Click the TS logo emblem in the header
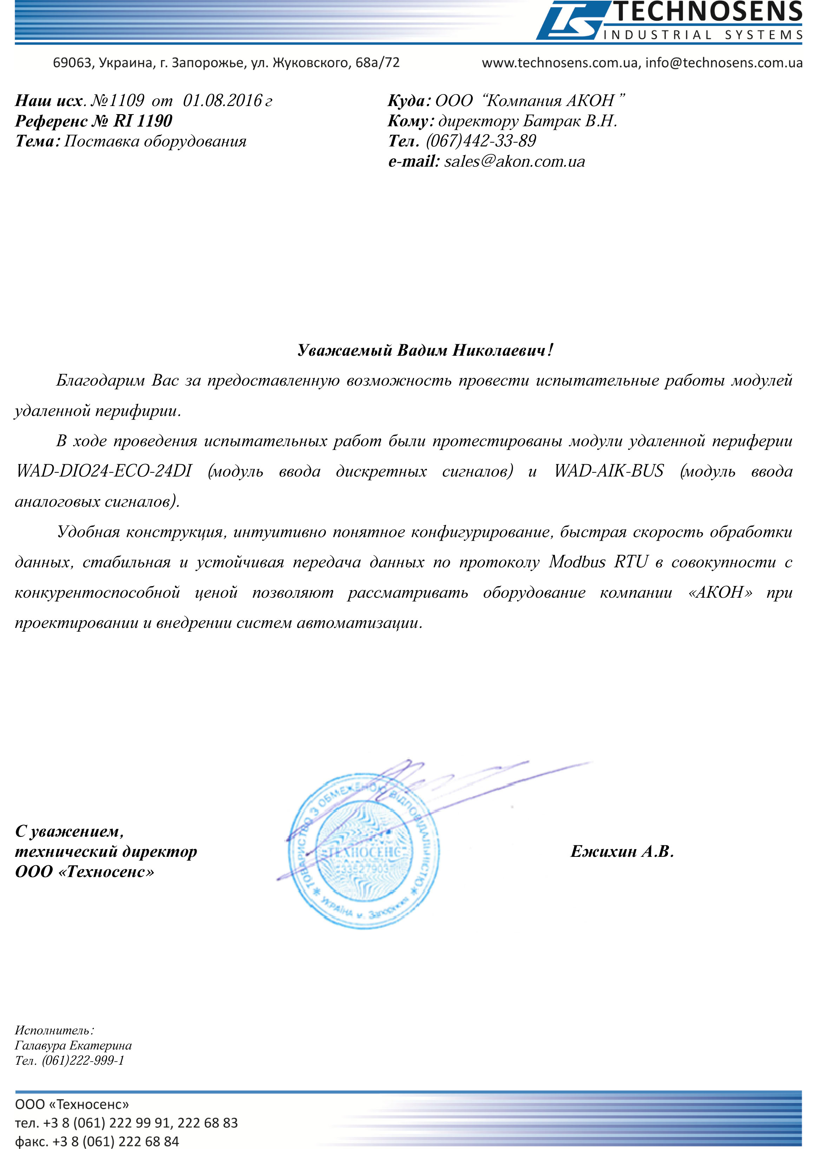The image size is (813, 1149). [571, 21]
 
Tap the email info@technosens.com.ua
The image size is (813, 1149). [723, 63]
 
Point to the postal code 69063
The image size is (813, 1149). [73, 63]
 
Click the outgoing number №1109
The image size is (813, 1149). [118, 100]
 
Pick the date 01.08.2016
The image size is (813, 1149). [223, 100]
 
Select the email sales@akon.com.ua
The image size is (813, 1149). [514, 162]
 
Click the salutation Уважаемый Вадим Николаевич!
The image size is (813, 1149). [426, 350]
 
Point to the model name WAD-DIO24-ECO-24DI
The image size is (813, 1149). [104, 471]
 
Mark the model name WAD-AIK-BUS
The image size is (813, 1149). [609, 471]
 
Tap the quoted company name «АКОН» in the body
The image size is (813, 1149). [720, 592]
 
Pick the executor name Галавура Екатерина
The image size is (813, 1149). [73, 1045]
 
